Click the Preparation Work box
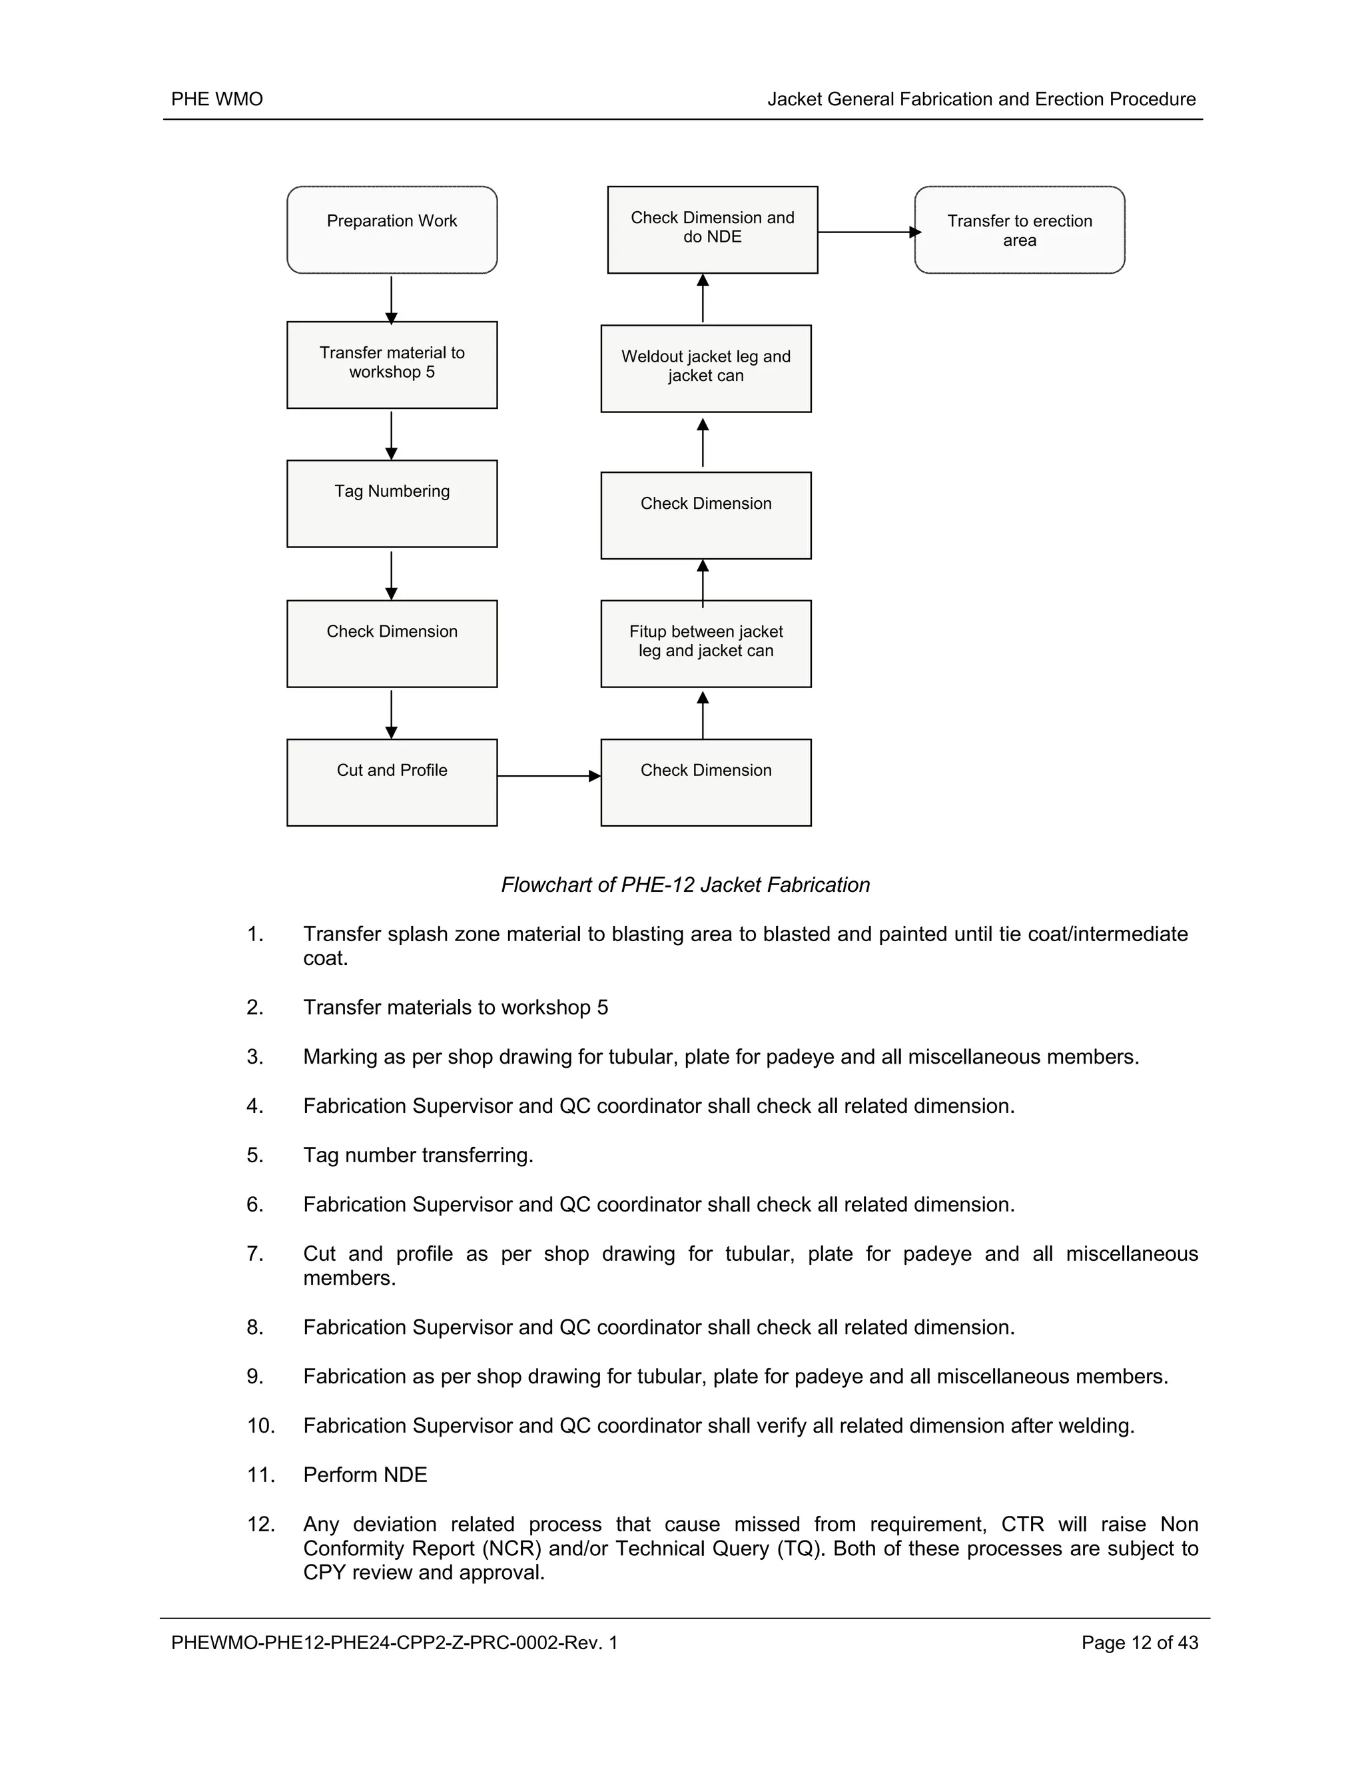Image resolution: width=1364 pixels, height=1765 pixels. [392, 230]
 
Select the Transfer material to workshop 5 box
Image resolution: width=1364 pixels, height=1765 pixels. [392, 364]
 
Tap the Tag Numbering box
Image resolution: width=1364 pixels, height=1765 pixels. [392, 504]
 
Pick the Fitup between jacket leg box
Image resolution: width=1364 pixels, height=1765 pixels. [705, 643]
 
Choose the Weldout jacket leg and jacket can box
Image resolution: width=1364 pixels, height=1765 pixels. [705, 368]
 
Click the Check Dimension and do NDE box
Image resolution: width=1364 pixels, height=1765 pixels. [712, 230]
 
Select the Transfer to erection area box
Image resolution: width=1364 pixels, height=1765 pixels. [1019, 230]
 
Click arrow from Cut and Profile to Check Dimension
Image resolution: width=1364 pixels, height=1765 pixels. [549, 776]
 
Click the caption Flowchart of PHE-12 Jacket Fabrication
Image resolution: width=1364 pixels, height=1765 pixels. [685, 885]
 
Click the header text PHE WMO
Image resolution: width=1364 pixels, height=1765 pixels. [216, 99]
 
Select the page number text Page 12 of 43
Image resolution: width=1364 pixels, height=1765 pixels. [1140, 1642]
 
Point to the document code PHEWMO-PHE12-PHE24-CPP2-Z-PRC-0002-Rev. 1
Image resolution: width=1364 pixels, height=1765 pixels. [394, 1642]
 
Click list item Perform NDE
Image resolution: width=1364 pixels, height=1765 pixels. [365, 1475]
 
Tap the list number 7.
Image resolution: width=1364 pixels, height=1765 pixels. [254, 1253]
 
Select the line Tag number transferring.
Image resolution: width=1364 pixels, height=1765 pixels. [418, 1155]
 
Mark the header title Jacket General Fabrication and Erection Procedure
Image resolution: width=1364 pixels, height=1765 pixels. [981, 99]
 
